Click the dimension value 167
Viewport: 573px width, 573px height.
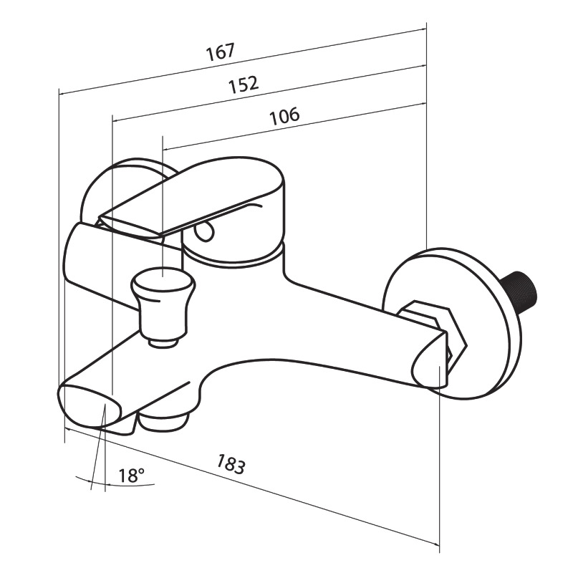point(220,52)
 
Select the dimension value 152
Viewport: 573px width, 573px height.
point(244,85)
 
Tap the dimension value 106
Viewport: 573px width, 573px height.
point(284,116)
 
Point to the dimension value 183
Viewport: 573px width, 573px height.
point(231,464)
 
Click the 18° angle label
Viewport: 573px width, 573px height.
point(131,476)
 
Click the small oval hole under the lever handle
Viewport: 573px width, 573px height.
point(203,231)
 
